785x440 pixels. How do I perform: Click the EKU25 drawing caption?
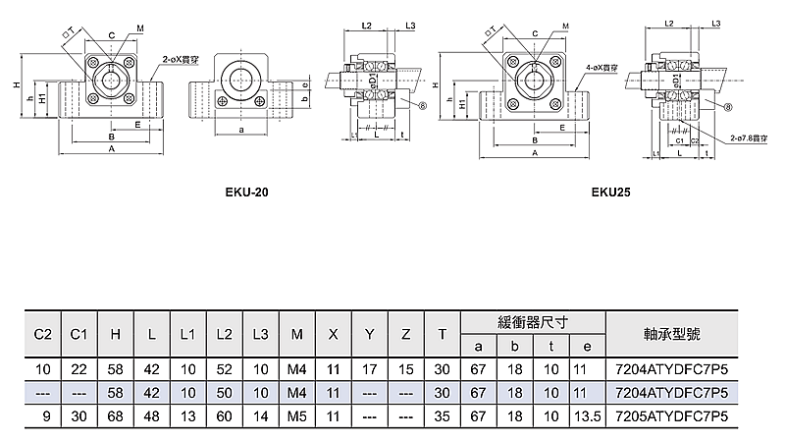(610, 192)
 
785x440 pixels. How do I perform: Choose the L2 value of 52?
(225, 368)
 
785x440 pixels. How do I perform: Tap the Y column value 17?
(370, 368)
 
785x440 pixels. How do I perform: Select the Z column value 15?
(406, 368)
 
